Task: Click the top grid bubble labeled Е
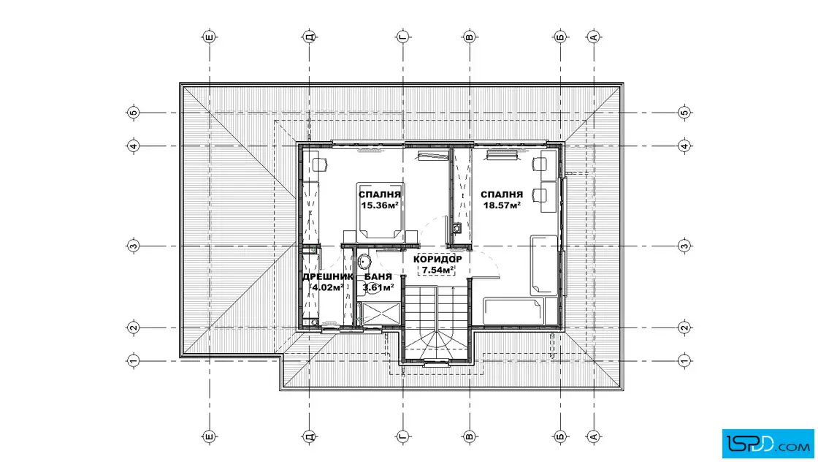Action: coord(209,37)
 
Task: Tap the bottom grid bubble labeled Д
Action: coord(310,436)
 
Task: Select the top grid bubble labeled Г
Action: coord(402,37)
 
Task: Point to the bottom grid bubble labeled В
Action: coord(469,436)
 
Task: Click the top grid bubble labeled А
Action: coord(594,37)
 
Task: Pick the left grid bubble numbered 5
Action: coord(134,113)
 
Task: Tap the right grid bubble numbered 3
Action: coord(684,246)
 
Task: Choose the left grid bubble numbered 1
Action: coord(134,360)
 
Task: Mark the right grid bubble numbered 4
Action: coord(684,146)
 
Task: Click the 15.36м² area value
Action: coord(380,205)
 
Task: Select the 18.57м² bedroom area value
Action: coord(502,205)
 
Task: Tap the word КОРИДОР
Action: coord(437,260)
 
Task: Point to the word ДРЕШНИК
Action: coord(328,276)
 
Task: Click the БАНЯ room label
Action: coord(378,276)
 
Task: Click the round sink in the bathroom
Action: coord(364,260)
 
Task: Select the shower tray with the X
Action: coord(381,314)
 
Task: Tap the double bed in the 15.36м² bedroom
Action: coord(381,211)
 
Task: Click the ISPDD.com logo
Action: coord(768,444)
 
